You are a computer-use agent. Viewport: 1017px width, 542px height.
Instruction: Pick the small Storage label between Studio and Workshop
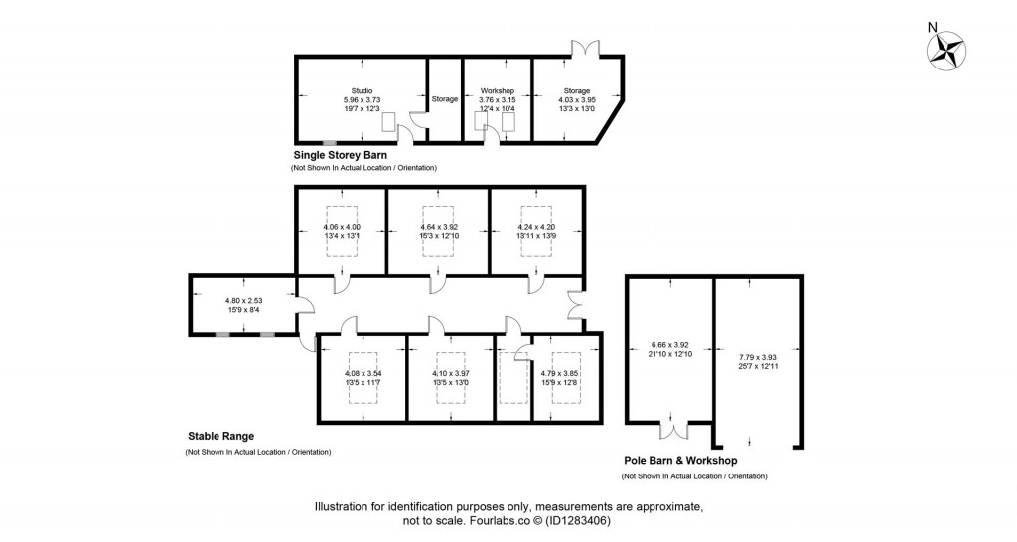(x=445, y=99)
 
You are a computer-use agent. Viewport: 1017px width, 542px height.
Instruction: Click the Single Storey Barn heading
(x=340, y=156)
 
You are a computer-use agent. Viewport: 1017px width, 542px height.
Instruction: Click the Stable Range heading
(x=221, y=435)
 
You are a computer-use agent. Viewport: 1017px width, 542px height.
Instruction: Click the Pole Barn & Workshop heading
(x=679, y=461)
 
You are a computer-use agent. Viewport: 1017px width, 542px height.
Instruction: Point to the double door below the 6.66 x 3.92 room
(x=674, y=431)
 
